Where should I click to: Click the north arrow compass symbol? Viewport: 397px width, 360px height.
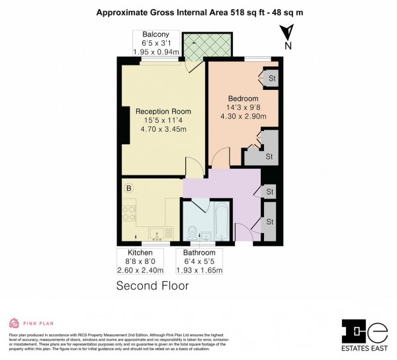(x=286, y=34)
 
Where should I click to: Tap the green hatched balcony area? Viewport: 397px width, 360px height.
(x=208, y=45)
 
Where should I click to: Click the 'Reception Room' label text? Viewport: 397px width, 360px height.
(x=163, y=111)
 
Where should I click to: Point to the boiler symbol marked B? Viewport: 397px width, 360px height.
(x=129, y=189)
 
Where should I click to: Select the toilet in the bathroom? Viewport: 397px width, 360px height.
(x=191, y=232)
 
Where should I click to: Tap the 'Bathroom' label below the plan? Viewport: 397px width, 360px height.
(x=199, y=253)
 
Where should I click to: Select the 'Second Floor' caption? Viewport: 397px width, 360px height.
(x=152, y=286)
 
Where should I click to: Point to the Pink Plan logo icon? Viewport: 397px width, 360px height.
(x=13, y=324)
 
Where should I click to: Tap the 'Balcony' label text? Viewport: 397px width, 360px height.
(x=150, y=34)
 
